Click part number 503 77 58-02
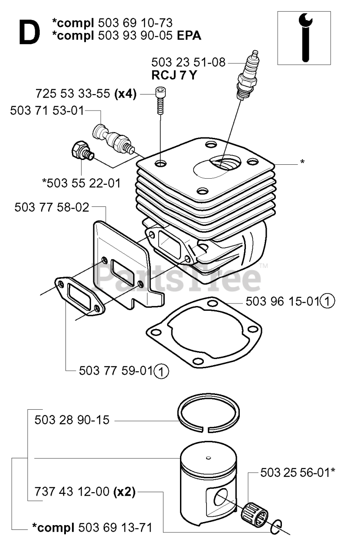(x=52, y=207)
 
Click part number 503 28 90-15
(x=72, y=420)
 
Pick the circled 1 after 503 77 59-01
(x=162, y=371)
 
